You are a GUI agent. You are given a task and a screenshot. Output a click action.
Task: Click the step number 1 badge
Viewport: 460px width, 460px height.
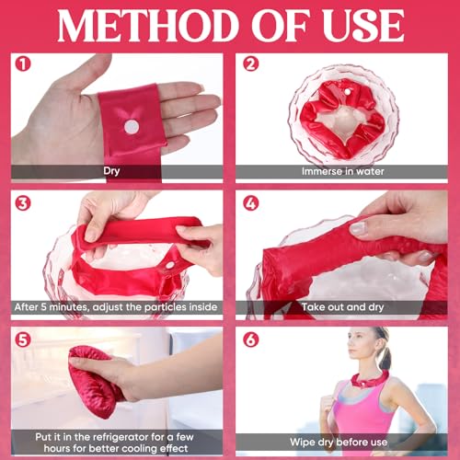coord(23,66)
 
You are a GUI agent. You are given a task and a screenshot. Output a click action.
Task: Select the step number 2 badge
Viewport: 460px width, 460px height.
coord(250,66)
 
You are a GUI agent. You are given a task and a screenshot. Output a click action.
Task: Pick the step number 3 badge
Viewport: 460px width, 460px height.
coord(23,203)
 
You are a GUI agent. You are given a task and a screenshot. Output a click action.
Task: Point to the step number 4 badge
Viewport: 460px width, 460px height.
coord(250,203)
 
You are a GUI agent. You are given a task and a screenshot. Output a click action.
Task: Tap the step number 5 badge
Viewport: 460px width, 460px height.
coord(23,339)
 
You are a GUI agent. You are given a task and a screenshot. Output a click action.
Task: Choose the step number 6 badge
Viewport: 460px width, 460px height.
coord(250,339)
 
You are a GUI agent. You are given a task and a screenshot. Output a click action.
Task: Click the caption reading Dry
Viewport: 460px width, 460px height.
coord(115,171)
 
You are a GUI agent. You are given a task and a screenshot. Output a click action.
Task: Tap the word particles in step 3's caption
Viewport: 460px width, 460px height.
coord(164,308)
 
